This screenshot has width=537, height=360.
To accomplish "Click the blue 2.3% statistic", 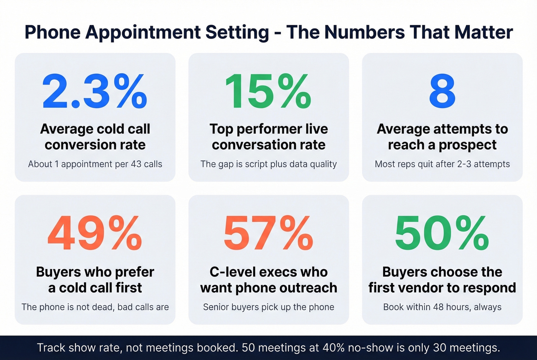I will (94, 92).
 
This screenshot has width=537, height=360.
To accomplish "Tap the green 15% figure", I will (268, 92).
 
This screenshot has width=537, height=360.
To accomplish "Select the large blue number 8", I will (442, 92).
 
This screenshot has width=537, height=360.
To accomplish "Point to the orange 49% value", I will (94, 233).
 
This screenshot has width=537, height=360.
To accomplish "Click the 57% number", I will (268, 233).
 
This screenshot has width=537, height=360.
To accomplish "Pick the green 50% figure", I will (442, 233).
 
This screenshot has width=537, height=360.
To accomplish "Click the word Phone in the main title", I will (53, 32).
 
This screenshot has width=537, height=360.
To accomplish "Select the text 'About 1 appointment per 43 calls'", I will (95, 164).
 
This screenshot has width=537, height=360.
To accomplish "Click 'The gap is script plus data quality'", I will (268, 164).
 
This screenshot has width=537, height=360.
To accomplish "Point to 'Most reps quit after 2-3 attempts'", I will (442, 164).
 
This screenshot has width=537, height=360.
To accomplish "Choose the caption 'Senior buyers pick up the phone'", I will (268, 307).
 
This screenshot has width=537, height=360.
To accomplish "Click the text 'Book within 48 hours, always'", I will (442, 307).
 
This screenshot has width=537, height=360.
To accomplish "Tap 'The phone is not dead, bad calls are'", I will (95, 307).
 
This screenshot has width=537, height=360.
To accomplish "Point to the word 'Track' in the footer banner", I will (51, 348).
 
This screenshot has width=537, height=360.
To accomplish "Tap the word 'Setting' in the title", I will (237, 32).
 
